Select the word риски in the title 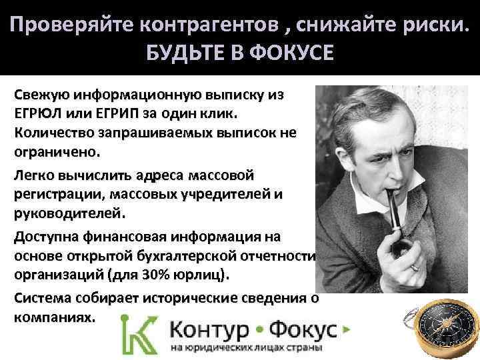tap(429, 25)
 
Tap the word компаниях tap(54, 317)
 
